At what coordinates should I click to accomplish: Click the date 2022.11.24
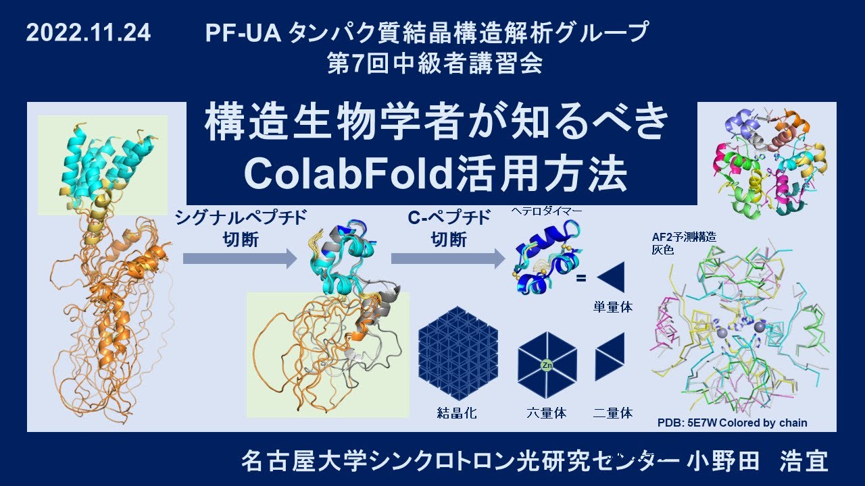89,32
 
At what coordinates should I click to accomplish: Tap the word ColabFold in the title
349,174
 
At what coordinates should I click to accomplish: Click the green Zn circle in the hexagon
547,365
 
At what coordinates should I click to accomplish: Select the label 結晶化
457,413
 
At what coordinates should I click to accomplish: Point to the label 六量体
547,413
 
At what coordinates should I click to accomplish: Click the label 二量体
613,413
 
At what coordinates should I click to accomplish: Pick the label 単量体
613,307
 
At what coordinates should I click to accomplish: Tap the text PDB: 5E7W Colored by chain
732,423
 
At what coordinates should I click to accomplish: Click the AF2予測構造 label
684,237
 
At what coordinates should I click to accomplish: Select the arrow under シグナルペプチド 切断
240,259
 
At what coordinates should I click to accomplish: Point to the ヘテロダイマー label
547,211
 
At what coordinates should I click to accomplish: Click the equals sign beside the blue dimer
580,278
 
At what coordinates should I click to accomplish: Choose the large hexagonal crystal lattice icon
458,353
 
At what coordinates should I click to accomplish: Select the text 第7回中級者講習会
435,63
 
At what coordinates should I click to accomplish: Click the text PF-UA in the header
243,32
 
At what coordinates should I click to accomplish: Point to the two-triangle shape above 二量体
610,357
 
